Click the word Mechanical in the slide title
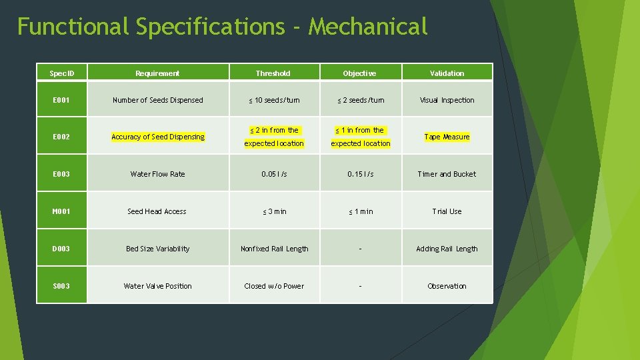coord(367,27)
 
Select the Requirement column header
coord(157,73)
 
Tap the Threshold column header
coord(273,73)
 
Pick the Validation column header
coord(447,73)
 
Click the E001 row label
coord(61,100)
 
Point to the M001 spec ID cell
coord(61,211)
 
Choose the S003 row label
coord(61,286)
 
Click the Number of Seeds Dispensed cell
coord(158,100)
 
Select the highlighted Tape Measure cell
coord(447,137)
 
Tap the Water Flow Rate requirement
coord(158,174)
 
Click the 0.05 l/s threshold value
coord(274,174)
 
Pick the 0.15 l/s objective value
coord(361,174)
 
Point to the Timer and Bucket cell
coord(447,174)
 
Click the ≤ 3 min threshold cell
coord(274,211)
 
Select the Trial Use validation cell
coord(447,211)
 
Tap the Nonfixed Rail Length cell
coord(274,249)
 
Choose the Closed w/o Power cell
coord(274,286)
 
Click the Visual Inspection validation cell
coord(447,100)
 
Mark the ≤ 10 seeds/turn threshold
coord(274,100)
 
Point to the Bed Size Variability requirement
coord(158,249)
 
